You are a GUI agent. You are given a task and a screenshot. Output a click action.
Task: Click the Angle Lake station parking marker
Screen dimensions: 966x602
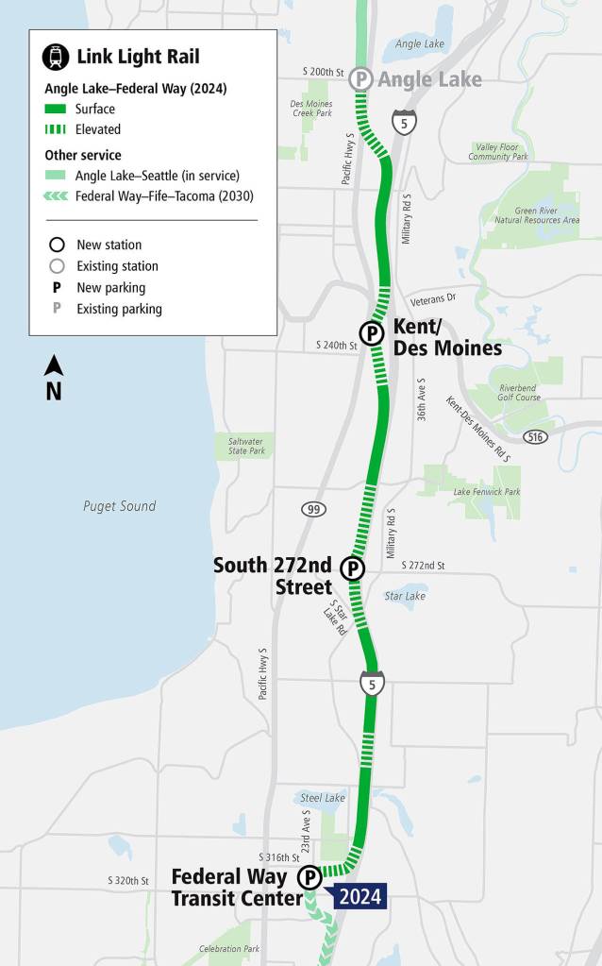tap(360, 79)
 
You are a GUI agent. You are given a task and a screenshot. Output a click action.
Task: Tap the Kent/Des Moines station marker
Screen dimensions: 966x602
tap(372, 332)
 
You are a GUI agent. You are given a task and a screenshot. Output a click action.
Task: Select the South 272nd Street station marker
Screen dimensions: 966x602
tap(352, 568)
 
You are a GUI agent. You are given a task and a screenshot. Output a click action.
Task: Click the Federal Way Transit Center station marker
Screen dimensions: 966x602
tap(309, 879)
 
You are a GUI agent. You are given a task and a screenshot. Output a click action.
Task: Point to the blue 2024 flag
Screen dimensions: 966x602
tap(360, 896)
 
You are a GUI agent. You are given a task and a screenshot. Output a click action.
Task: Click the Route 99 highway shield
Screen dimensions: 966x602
tap(314, 510)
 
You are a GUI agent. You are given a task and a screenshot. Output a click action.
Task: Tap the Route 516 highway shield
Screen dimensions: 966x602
tap(536, 436)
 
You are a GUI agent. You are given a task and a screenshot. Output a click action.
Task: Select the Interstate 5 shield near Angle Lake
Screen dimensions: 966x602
tap(405, 122)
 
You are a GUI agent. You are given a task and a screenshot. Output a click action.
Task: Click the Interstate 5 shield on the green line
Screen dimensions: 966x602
tap(372, 683)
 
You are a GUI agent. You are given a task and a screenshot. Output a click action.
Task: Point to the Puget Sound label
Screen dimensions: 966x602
tap(119, 506)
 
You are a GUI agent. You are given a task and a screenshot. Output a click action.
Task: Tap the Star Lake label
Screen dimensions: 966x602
tap(406, 596)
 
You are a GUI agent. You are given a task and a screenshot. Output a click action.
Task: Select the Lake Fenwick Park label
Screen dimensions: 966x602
tap(487, 492)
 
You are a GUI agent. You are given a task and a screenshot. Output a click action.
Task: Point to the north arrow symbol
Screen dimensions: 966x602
tap(54, 377)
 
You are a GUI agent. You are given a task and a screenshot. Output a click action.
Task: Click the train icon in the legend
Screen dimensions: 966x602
tap(56, 57)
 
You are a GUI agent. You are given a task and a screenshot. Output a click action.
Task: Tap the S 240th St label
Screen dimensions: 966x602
tap(336, 346)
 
